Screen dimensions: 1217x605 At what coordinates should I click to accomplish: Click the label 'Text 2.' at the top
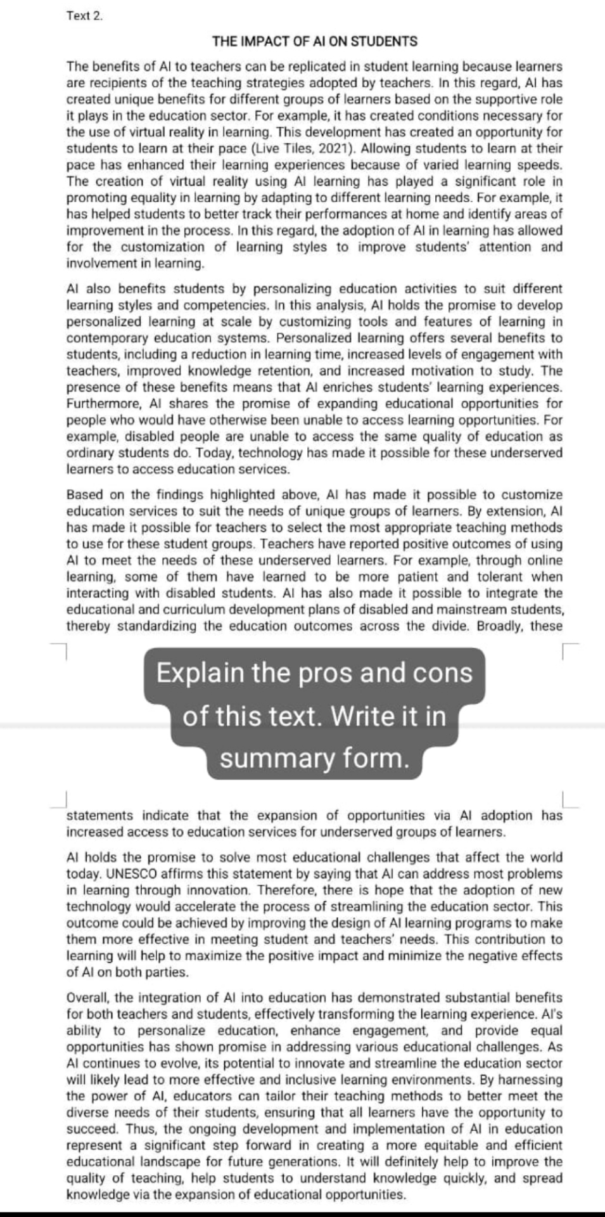(84, 16)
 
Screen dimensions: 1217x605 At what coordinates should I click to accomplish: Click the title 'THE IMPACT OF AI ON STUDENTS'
(314, 42)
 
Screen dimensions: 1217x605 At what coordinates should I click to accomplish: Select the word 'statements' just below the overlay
(99, 816)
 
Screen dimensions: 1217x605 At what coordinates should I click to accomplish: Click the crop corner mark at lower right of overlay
(569, 802)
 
